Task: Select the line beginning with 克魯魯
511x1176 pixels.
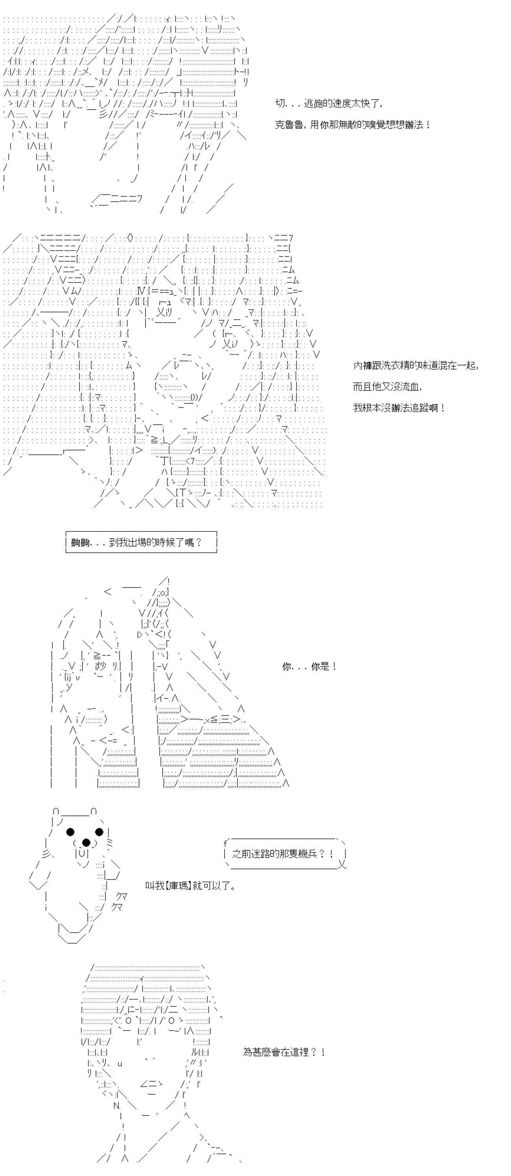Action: click(x=353, y=125)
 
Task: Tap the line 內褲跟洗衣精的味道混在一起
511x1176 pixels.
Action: click(x=415, y=366)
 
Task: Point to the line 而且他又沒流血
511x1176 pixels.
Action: click(x=387, y=387)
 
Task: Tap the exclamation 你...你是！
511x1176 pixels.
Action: click(x=309, y=667)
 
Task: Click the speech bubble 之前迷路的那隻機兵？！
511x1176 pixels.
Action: click(x=285, y=854)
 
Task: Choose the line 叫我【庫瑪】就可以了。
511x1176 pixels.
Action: click(x=190, y=886)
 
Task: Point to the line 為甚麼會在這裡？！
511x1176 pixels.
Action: click(x=284, y=1052)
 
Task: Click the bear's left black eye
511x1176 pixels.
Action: click(x=70, y=832)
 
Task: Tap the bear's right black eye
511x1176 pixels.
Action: click(x=100, y=832)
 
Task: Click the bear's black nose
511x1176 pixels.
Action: click(x=85, y=842)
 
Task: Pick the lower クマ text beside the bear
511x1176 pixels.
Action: click(x=117, y=907)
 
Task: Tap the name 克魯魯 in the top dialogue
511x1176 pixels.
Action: click(x=290, y=125)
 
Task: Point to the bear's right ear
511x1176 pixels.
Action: click(x=93, y=811)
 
